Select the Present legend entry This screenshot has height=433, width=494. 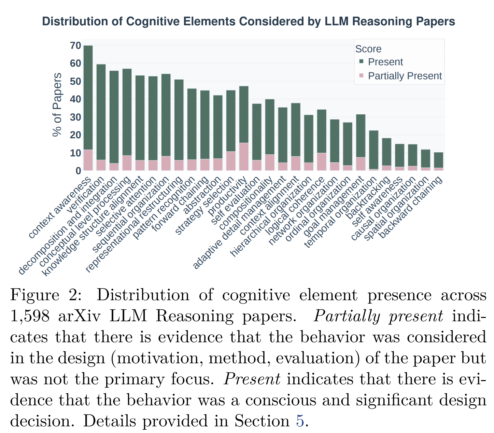[x=385, y=62]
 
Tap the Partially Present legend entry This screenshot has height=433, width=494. [x=405, y=76]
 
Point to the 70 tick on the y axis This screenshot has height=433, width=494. [x=75, y=46]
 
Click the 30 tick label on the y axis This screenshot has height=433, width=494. [x=75, y=117]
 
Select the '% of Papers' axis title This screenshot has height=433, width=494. [x=57, y=105]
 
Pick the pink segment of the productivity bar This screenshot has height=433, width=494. [x=244, y=157]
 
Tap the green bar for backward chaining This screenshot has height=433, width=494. [x=439, y=160]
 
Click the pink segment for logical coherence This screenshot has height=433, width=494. [x=322, y=162]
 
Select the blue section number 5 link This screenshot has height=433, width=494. [x=300, y=421]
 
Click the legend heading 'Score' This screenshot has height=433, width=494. [x=368, y=49]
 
